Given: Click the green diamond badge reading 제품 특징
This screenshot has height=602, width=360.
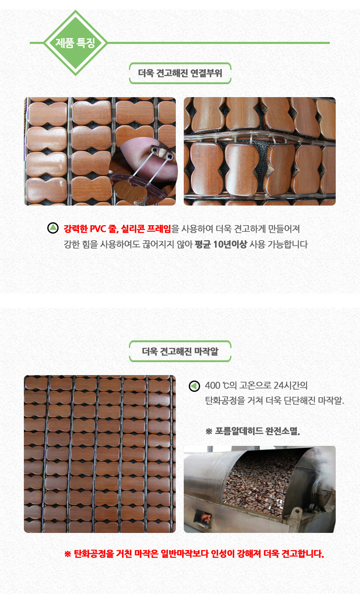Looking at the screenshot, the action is tap(75, 43).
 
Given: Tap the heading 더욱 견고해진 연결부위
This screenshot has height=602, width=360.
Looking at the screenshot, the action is tap(180, 73).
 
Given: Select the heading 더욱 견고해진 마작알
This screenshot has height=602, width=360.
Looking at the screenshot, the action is tap(180, 351).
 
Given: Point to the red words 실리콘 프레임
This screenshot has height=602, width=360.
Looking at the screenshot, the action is tap(146, 229).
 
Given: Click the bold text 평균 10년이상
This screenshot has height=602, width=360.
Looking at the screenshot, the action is tap(221, 244).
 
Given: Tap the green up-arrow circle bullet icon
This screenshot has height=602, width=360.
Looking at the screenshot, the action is tap(53, 228).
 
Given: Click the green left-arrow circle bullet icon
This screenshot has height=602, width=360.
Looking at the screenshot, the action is tap(195, 386).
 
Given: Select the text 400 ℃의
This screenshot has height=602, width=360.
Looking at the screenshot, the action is tap(221, 386).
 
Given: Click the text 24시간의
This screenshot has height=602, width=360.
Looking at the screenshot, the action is tap(291, 386).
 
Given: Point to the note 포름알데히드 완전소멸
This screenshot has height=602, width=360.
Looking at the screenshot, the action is tap(257, 431).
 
